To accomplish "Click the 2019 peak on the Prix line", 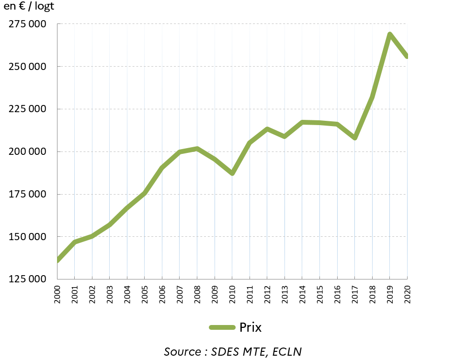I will [x=390, y=34].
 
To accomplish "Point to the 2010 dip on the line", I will [x=232, y=174].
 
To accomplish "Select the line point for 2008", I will [x=197, y=149].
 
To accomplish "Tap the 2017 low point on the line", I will [x=355, y=138].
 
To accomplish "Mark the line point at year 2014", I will [x=302, y=122].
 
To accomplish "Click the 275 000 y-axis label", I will [x=27, y=24].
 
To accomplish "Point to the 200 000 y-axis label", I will [x=27, y=151].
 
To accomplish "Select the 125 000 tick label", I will [x=27, y=279].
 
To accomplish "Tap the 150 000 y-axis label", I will [x=27, y=237].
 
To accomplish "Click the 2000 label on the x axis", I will [x=57, y=293].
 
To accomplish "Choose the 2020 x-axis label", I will [x=408, y=293].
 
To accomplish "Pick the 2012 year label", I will [x=267, y=293].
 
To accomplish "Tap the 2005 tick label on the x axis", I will [x=145, y=293].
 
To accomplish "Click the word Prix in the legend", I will [x=250, y=327].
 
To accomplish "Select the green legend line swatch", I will [x=222, y=327].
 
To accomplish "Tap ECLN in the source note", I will [x=287, y=351].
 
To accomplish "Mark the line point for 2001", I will [x=75, y=242].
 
